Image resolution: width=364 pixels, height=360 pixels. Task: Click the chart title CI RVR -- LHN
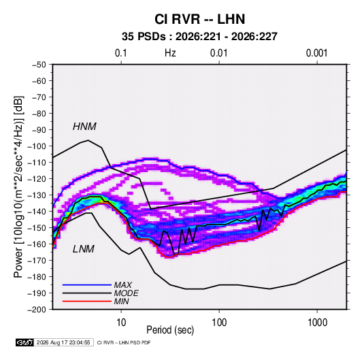[199, 19]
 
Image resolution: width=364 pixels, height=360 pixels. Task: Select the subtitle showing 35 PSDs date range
[199, 37]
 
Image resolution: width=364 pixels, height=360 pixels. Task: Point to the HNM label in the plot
[84, 127]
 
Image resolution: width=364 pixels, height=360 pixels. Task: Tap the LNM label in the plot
[84, 249]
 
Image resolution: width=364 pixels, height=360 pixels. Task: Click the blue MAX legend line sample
[87, 284]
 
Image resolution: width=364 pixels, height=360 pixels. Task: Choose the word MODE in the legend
[127, 293]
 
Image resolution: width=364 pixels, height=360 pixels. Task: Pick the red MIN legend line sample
[87, 301]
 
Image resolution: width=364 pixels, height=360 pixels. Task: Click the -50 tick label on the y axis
[39, 65]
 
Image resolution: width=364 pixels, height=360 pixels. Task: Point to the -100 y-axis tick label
[37, 146]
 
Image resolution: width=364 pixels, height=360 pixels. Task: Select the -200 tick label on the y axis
[37, 310]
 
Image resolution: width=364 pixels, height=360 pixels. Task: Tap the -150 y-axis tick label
[37, 228]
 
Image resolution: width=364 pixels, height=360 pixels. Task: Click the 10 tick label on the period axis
[121, 323]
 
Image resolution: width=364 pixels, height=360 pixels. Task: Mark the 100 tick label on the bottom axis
[219, 323]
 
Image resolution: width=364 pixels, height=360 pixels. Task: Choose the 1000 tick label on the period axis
[317, 323]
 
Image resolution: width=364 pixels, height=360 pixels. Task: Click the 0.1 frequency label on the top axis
[121, 53]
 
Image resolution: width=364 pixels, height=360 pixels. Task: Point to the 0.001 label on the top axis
[317, 53]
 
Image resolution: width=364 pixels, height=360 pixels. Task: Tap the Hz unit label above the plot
[170, 53]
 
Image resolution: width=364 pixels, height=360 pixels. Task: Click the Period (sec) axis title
[170, 330]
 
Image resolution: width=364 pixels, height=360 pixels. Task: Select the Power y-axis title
[18, 187]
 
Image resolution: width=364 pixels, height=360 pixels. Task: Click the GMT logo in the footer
[24, 342]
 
